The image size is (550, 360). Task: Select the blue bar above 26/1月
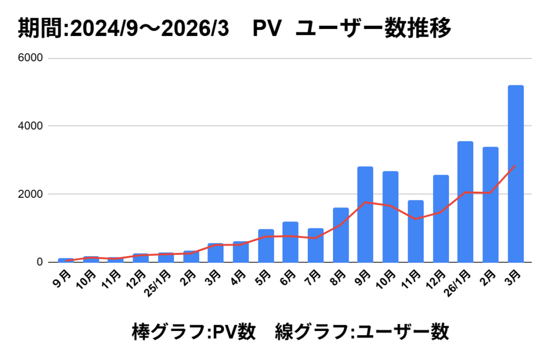(465, 201)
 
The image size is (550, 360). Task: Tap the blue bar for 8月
(341, 235)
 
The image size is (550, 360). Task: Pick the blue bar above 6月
(291, 242)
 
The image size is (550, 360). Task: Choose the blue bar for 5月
(266, 246)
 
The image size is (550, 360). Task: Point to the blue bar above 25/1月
(166, 257)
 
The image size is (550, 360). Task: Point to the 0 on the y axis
(40, 262)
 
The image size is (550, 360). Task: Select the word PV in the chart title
(267, 28)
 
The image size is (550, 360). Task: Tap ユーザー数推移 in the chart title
(373, 28)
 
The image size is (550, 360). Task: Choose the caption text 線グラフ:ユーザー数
(361, 332)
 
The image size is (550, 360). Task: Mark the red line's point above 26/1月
(465, 192)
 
